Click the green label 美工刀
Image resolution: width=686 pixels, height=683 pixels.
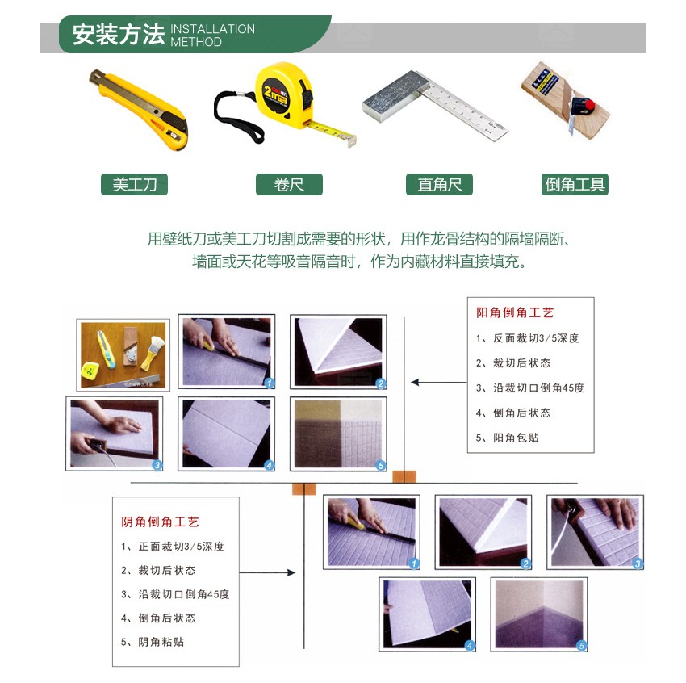click(x=134, y=184)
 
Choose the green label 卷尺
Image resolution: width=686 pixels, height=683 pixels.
click(x=289, y=184)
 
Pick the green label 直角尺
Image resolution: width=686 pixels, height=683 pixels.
click(x=439, y=184)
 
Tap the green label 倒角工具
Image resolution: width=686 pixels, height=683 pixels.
click(x=575, y=184)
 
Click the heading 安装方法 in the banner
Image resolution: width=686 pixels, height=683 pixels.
click(x=118, y=34)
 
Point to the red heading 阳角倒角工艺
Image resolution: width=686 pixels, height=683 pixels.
click(x=515, y=312)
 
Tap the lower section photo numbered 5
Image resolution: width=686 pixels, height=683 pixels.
click(x=539, y=614)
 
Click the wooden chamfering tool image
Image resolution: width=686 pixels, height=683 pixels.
click(x=563, y=97)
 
